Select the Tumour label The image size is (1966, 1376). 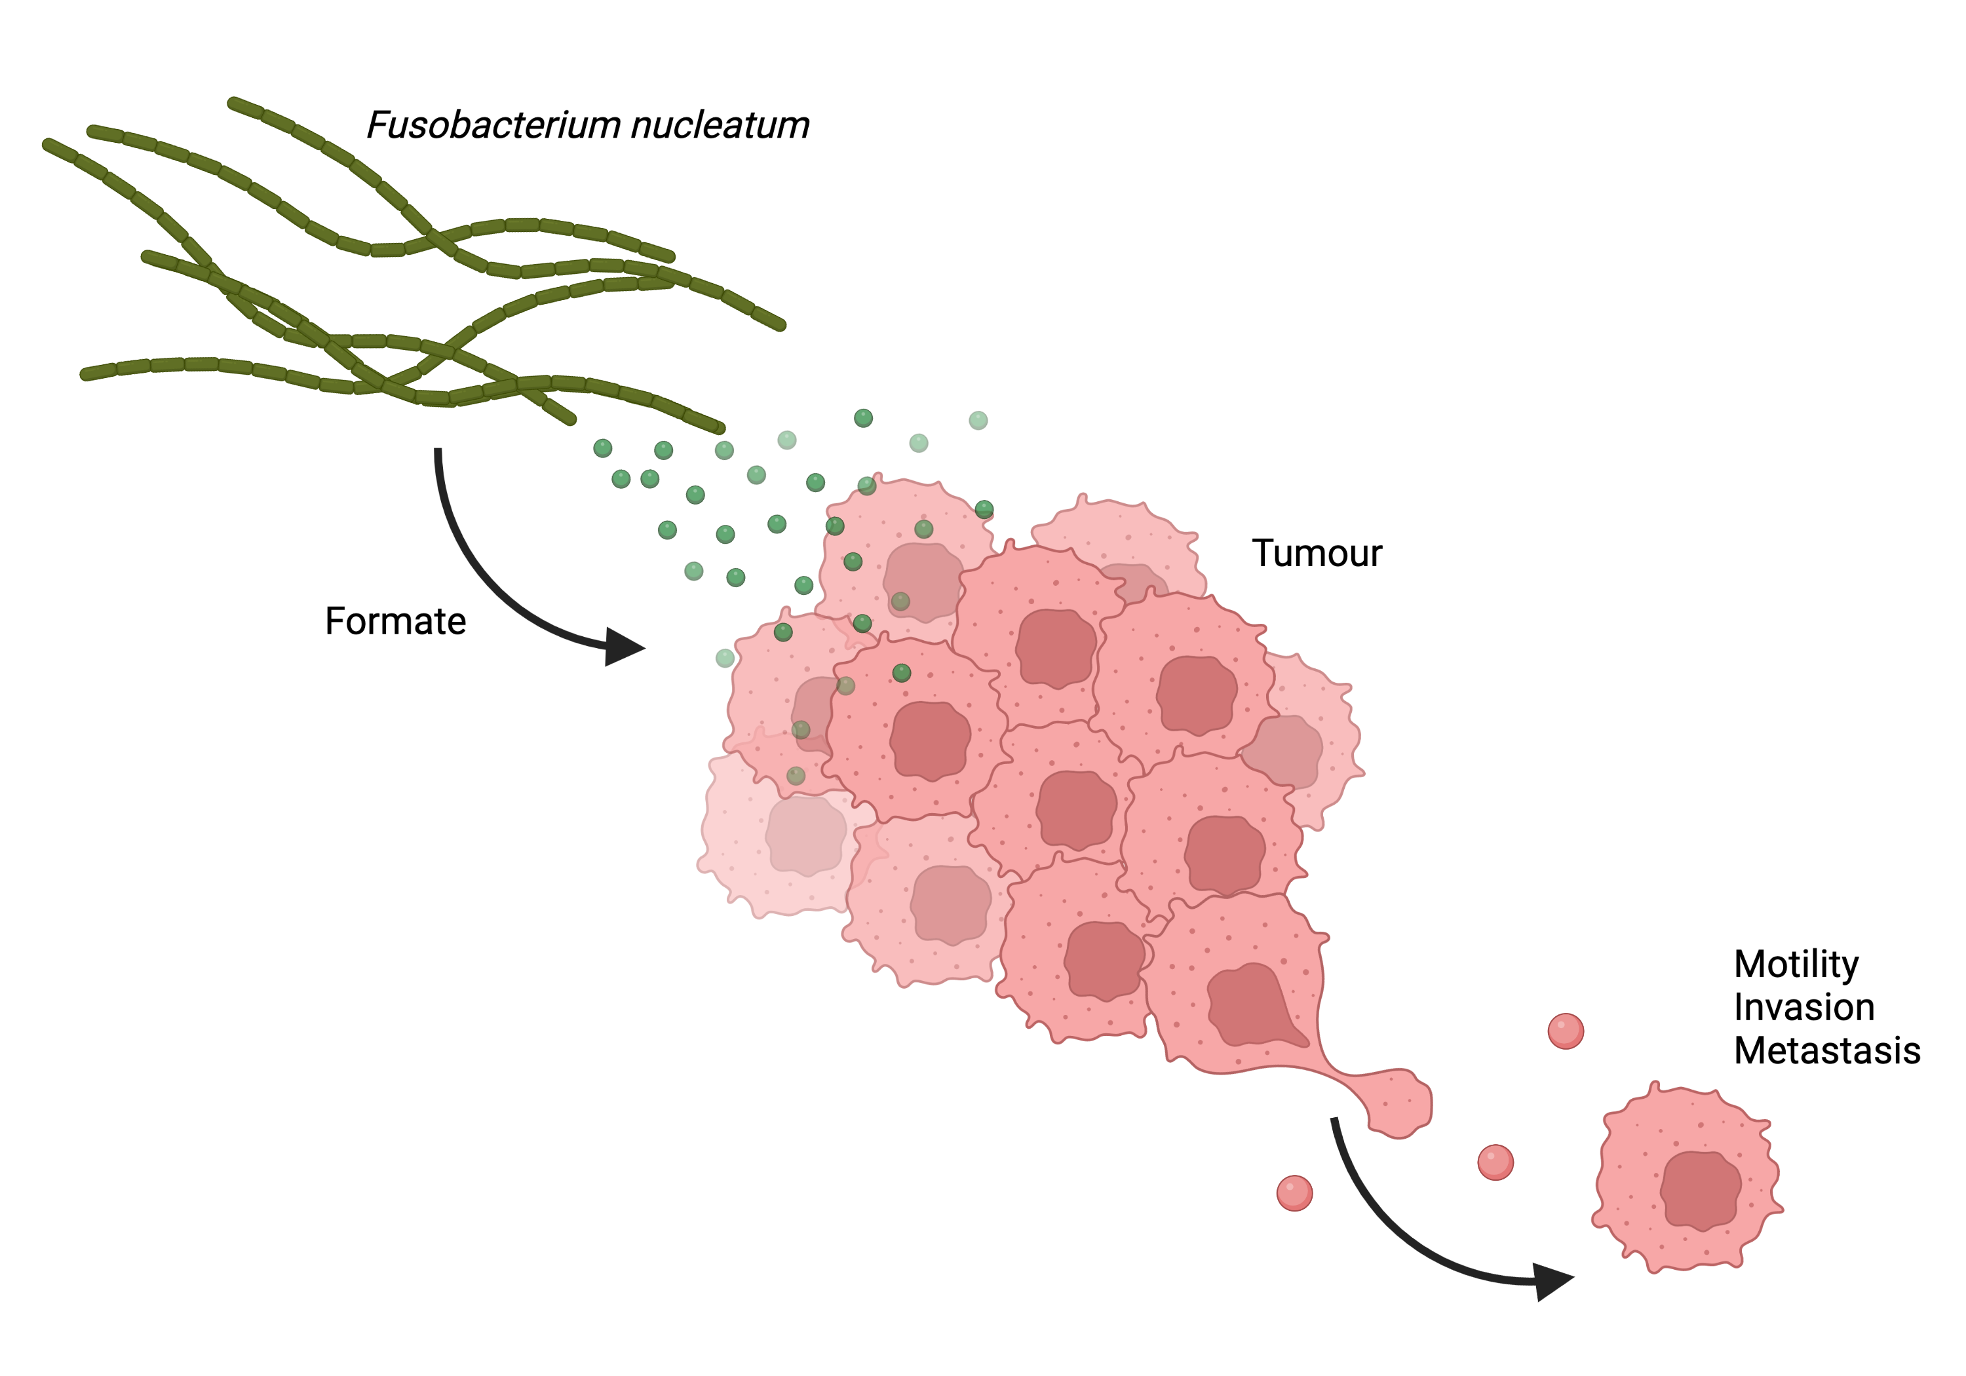coord(1316,553)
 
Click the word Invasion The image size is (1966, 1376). coord(1803,1007)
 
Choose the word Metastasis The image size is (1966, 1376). coord(1826,1050)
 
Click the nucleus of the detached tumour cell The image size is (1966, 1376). coord(1700,1190)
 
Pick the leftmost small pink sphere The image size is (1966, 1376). coord(1294,1193)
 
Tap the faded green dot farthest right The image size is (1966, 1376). coord(978,421)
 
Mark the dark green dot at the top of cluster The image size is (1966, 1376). coord(863,418)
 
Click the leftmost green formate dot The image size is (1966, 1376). coord(603,448)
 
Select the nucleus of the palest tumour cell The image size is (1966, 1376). coord(805,835)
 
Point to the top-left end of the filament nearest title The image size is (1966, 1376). coord(233,104)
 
